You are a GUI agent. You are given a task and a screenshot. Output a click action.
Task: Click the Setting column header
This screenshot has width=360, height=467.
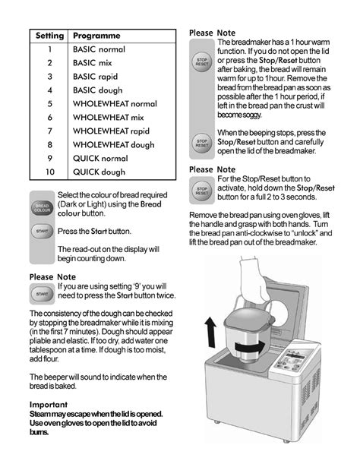49,36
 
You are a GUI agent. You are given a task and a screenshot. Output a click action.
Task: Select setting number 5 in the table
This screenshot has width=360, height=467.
49,104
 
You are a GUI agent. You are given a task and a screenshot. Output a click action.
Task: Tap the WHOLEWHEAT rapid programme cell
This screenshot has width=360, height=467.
111,131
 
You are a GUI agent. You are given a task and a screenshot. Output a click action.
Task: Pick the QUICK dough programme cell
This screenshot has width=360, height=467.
99,172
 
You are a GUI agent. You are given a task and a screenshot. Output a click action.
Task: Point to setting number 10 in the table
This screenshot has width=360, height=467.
49,172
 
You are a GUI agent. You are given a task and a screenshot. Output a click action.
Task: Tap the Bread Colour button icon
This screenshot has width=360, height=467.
42,207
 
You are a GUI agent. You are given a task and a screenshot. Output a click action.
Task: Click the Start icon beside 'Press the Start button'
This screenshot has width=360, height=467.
42,232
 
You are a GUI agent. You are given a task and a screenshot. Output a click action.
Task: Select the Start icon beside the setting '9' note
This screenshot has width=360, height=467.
42,292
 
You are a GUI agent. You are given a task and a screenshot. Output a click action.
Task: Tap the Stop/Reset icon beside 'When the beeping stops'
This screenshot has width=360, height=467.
201,141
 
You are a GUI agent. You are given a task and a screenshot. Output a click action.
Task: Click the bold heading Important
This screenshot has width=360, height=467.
50,403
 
